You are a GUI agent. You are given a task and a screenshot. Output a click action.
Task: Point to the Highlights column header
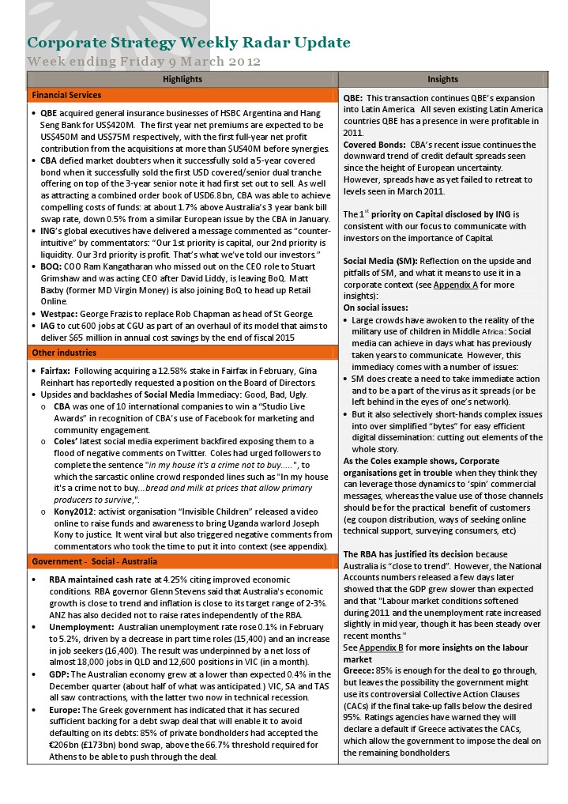coord(182,79)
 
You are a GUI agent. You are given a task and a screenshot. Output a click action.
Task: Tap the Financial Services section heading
coord(66,95)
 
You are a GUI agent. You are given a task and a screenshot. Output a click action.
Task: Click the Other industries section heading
coord(64,352)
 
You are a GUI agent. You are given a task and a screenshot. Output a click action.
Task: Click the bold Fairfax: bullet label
coord(57,370)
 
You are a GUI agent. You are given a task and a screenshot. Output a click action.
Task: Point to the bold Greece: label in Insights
coord(359,670)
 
